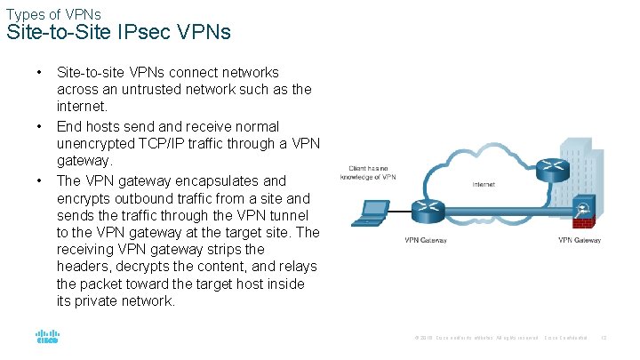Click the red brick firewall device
point(583,211)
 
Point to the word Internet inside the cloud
point(484,185)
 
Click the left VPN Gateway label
point(426,240)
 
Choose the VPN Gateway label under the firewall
point(580,240)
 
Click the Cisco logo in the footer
point(47,338)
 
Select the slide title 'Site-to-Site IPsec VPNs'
point(118,34)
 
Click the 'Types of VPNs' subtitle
point(52,14)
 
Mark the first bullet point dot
point(40,72)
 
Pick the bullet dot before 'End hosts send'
point(40,126)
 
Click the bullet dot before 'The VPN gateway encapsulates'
point(40,180)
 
